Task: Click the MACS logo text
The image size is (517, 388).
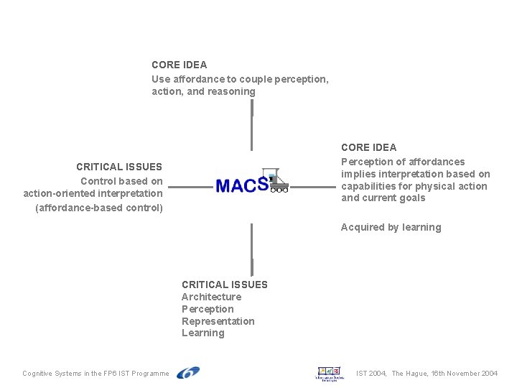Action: coord(241,185)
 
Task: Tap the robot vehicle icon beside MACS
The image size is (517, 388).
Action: coord(276,180)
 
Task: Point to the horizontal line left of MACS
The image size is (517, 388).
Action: coord(190,188)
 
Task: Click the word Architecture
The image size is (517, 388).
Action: coord(211,297)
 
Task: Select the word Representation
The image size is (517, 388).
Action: coord(218,321)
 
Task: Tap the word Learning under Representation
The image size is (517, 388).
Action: coord(202,333)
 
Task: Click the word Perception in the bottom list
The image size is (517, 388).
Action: coord(208,309)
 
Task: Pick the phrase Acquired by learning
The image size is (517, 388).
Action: coord(391,228)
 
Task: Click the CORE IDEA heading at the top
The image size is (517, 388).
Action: coord(179,65)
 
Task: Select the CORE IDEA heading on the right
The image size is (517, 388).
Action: coord(368,147)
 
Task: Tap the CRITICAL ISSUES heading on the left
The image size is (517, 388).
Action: coord(119,167)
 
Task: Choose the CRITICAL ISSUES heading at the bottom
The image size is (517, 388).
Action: coord(224,285)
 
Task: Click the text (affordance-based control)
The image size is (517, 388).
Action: coord(99,208)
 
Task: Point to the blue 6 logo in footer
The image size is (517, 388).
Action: coord(188,372)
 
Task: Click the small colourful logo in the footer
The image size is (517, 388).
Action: coord(330,373)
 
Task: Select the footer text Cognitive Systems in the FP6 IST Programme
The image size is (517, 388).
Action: coord(96,374)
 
